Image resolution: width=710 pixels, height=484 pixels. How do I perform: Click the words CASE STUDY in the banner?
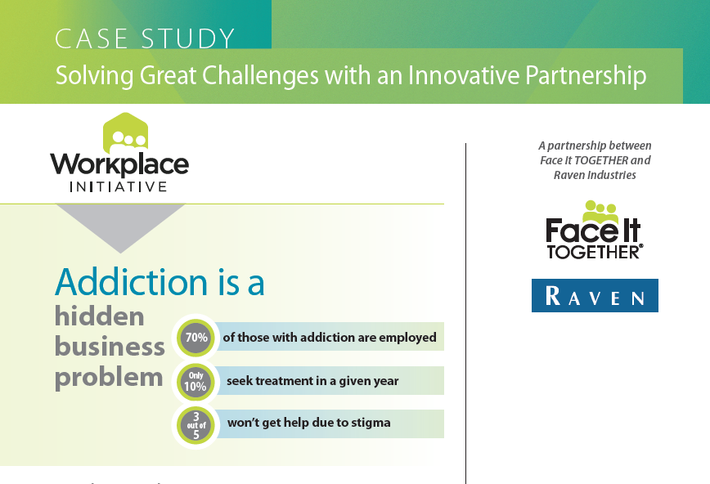click(145, 38)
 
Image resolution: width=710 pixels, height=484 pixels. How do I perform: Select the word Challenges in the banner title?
click(260, 75)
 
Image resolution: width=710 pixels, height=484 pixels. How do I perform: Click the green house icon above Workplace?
click(125, 133)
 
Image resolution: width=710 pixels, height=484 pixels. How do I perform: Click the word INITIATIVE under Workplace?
click(119, 187)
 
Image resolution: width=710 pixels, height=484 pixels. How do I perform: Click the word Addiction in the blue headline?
click(132, 282)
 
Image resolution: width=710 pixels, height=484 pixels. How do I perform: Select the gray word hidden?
click(100, 316)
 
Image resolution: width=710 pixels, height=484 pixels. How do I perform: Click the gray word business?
click(110, 347)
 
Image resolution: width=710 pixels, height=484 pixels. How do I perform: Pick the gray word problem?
click(109, 378)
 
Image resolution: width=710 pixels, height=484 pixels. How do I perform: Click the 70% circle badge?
click(196, 338)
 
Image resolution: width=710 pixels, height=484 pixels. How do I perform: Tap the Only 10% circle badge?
click(195, 381)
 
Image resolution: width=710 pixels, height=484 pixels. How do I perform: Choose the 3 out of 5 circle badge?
click(196, 425)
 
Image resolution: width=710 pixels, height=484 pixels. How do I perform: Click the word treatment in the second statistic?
click(284, 381)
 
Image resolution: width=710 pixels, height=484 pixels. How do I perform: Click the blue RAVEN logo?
click(595, 296)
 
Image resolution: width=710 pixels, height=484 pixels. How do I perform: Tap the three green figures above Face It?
click(600, 211)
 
